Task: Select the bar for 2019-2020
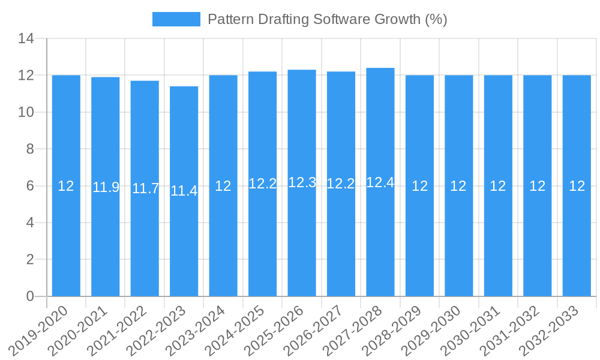click(x=66, y=185)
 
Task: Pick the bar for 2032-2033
click(x=577, y=185)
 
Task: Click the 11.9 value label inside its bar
click(x=106, y=187)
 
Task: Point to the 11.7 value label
click(x=145, y=188)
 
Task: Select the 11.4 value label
click(x=184, y=191)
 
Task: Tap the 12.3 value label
click(x=302, y=182)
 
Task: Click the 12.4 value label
click(x=380, y=182)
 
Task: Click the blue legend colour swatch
click(x=176, y=19)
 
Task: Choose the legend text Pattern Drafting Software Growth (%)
click(x=327, y=19)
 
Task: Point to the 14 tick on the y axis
click(x=26, y=39)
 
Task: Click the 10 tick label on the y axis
click(x=26, y=112)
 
